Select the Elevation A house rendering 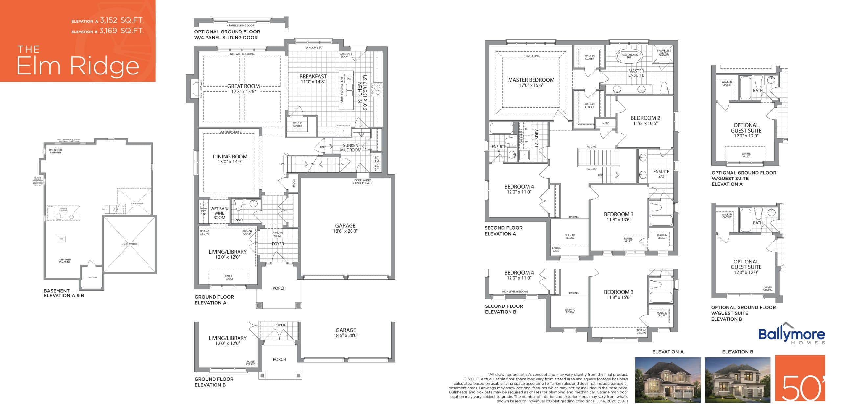click(668, 380)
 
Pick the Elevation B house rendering click(738, 380)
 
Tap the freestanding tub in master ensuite click(629, 56)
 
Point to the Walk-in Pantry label click(297, 124)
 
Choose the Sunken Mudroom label click(351, 148)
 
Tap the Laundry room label click(537, 138)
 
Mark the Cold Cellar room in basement click(92, 278)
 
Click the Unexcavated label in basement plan click(129, 244)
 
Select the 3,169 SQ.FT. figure click(121, 31)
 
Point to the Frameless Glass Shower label click(664, 53)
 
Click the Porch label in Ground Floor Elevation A click(279, 288)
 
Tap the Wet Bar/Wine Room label click(219, 213)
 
